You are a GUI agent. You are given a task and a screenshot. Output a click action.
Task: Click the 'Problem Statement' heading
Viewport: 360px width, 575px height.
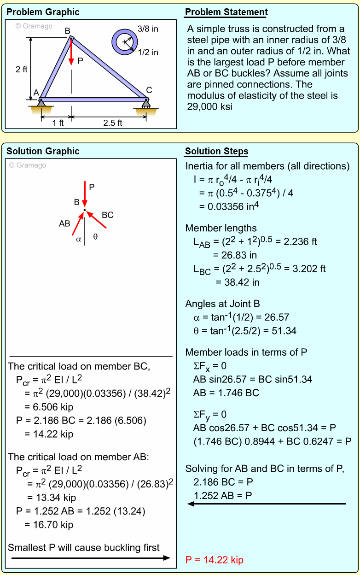pyautogui.click(x=226, y=12)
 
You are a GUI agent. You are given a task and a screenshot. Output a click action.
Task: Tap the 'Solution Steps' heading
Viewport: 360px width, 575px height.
pyautogui.click(x=216, y=152)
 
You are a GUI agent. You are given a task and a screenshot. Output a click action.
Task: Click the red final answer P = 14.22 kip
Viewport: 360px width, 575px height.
pyautogui.click(x=214, y=560)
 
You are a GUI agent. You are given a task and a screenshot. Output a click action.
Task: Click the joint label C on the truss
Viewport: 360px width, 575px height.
pyautogui.click(x=149, y=90)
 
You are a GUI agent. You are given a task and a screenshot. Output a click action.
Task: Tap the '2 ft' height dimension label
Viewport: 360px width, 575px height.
pyautogui.click(x=21, y=70)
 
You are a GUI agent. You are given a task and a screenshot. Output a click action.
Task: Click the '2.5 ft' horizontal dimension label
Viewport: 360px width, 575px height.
pyautogui.click(x=113, y=123)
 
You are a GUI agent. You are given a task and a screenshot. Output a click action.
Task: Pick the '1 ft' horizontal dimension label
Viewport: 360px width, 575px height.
pyautogui.click(x=58, y=123)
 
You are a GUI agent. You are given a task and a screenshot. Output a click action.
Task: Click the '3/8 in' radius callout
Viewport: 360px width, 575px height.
pyautogui.click(x=148, y=29)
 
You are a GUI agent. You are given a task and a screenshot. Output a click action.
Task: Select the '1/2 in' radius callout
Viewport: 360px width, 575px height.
pyautogui.click(x=148, y=53)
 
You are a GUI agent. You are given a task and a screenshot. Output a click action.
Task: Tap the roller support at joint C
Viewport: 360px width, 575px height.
pyautogui.click(x=146, y=104)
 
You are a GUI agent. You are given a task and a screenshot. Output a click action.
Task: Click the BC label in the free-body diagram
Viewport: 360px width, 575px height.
pyautogui.click(x=108, y=215)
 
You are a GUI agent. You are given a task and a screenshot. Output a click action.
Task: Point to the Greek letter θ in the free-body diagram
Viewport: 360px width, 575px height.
pyautogui.click(x=95, y=237)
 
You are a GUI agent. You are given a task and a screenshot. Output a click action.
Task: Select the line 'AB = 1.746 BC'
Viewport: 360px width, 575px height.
pyautogui.click(x=226, y=393)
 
